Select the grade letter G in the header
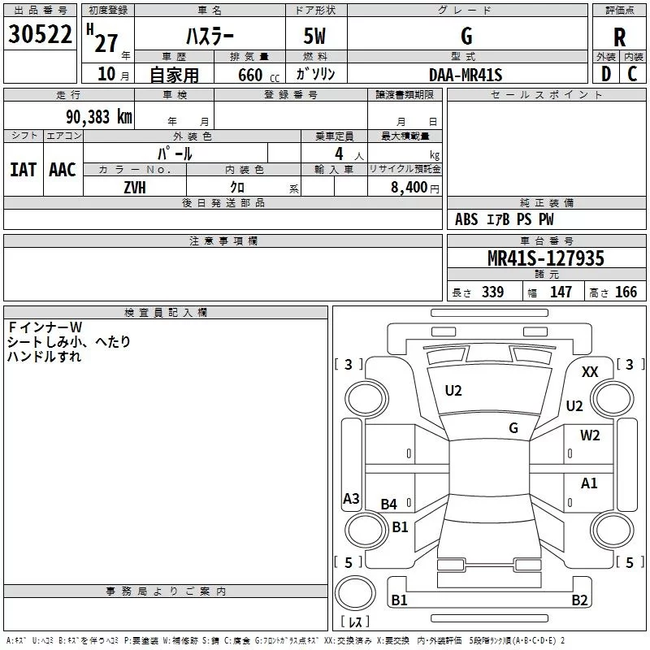[x=466, y=35]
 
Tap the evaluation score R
[x=620, y=37]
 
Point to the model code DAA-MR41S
[x=466, y=75]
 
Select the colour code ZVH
[x=136, y=186]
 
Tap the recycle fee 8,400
[x=409, y=187]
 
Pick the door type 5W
[x=316, y=35]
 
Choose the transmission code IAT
[x=24, y=169]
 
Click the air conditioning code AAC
[x=63, y=169]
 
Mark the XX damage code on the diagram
[x=591, y=371]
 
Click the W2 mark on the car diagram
[x=590, y=435]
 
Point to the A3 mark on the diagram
[x=351, y=499]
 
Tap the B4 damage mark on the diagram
[x=389, y=505]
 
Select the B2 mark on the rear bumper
[x=579, y=600]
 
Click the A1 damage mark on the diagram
[x=589, y=483]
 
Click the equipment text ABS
[x=466, y=219]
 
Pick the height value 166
[x=626, y=292]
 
